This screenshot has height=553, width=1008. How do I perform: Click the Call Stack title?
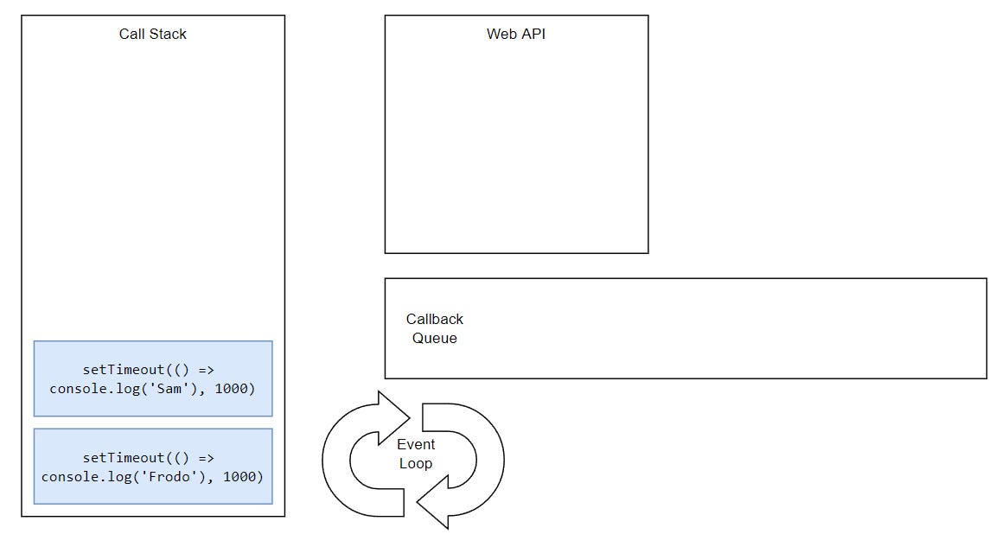(152, 34)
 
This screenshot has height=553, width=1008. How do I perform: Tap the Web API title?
(515, 34)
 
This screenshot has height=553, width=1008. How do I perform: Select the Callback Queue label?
(435, 328)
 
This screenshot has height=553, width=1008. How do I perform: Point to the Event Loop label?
(416, 454)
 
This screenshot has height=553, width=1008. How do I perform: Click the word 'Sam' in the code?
(169, 389)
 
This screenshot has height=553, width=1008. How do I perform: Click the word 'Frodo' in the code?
(169, 477)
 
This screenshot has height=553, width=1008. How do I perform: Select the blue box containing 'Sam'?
(153, 378)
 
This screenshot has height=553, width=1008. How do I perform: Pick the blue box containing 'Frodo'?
(153, 467)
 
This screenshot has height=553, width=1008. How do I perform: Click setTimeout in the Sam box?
(124, 369)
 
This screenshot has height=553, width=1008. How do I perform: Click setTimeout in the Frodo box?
(124, 457)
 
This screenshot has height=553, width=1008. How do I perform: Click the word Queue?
(435, 338)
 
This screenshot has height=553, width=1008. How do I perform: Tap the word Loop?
(416, 463)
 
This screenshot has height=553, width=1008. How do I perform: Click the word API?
(533, 34)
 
